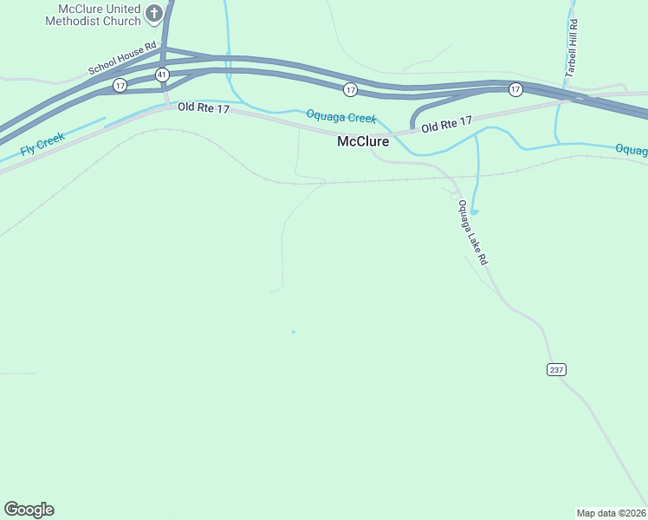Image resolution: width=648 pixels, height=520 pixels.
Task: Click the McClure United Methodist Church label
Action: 98,14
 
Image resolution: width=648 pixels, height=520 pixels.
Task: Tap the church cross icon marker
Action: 154,13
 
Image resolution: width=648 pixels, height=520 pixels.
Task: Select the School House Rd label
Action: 122,59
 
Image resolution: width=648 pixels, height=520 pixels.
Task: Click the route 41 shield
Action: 162,75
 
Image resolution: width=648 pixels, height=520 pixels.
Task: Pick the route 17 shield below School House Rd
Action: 120,85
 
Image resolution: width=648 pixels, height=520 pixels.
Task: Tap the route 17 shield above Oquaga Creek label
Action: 350,89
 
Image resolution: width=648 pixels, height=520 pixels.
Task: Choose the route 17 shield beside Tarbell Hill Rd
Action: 515,89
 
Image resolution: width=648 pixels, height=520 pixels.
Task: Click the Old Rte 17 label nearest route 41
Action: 203,107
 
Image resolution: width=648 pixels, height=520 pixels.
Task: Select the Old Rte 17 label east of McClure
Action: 447,125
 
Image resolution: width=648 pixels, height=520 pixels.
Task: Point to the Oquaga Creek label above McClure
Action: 341,116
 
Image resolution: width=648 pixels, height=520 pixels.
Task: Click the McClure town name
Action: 363,141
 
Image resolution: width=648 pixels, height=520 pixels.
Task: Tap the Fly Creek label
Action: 43,145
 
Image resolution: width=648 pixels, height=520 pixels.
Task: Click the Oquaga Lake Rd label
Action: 473,232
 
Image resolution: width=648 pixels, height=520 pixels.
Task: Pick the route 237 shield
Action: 556,369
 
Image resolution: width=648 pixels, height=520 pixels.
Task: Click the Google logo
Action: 29,510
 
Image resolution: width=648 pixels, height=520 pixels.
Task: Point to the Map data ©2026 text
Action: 611,512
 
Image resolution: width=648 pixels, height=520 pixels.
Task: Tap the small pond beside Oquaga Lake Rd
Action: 474,211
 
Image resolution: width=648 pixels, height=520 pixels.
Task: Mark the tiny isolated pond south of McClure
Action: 294,332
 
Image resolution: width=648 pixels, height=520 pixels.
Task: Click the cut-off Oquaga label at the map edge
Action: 632,150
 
